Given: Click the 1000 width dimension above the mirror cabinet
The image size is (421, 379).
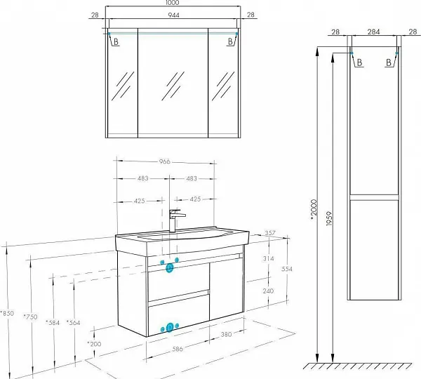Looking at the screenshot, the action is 172,3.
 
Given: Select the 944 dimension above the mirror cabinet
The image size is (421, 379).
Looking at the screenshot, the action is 173,15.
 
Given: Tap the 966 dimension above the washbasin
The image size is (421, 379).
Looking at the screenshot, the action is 165,161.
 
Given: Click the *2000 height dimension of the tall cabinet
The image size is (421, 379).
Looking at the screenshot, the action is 314,210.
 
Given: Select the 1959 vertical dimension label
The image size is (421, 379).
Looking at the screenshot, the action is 329,219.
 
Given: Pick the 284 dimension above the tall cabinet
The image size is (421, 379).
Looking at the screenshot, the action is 373,32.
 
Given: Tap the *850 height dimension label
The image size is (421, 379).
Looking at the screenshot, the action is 7,313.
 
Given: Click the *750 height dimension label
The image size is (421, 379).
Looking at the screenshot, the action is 30,317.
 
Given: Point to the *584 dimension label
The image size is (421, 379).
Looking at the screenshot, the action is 53,323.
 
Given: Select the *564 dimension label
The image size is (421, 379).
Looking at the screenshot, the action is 73,323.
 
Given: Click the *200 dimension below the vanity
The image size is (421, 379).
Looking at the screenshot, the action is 94,344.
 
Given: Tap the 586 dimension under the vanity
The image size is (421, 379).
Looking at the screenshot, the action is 178,349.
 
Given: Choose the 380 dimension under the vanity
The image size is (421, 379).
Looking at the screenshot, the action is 226,334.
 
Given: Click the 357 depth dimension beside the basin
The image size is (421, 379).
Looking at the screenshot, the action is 270,233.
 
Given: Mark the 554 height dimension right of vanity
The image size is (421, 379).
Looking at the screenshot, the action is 287,269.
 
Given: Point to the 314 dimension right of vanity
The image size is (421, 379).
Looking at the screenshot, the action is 269,259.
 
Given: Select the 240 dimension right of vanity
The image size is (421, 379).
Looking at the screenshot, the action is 268,291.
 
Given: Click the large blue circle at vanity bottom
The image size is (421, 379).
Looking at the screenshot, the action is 169,328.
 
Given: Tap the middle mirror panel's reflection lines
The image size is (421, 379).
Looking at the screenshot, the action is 173,86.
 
